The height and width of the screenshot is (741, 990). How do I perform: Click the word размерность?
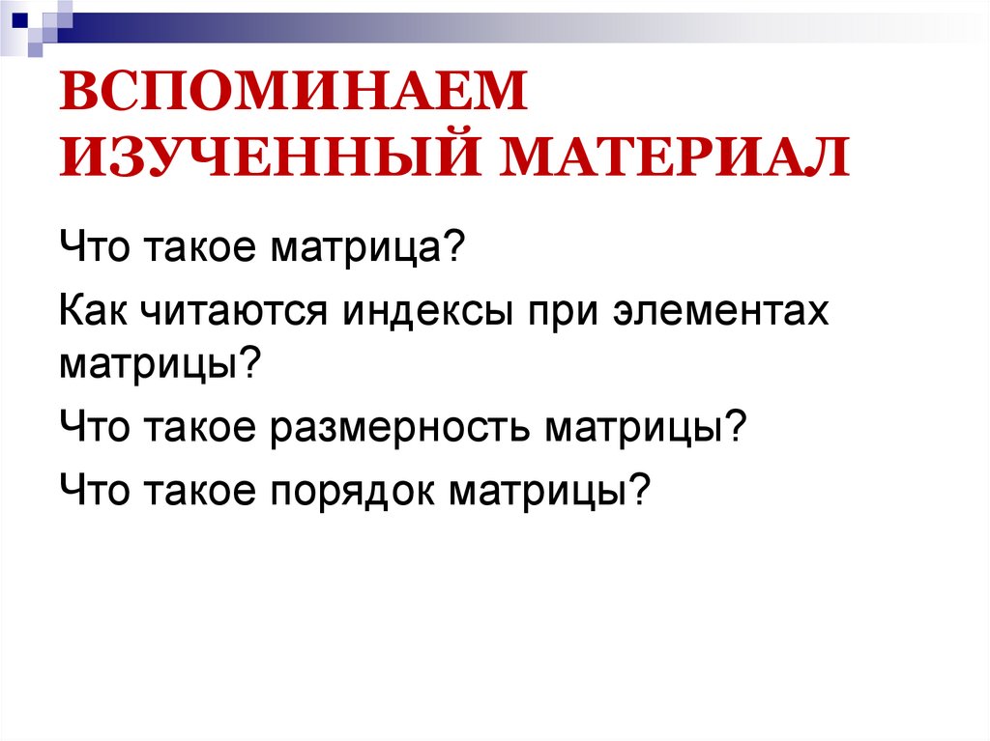coord(399,426)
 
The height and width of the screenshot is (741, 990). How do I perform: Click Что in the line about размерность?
coord(97,426)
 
